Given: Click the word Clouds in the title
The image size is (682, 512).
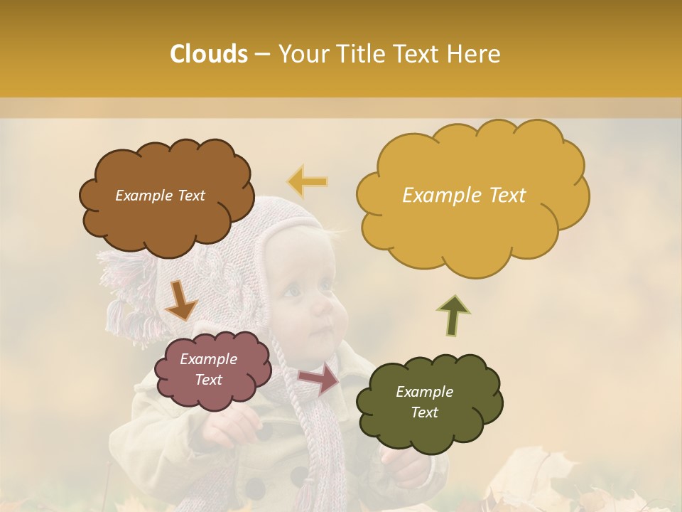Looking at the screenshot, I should (x=209, y=54).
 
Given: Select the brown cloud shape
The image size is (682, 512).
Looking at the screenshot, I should (x=166, y=213).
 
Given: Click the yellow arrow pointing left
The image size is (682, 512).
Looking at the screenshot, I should (x=308, y=181).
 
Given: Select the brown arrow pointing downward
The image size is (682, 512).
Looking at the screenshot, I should (x=180, y=300).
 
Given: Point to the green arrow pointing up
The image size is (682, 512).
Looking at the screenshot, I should (x=453, y=316).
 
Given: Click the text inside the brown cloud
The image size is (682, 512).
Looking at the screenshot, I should (x=160, y=196).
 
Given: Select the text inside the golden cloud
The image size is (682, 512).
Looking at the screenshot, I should (x=464, y=196).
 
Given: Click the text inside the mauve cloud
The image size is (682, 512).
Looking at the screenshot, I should (x=209, y=369).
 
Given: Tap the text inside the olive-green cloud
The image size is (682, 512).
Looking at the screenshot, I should (x=424, y=402).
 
